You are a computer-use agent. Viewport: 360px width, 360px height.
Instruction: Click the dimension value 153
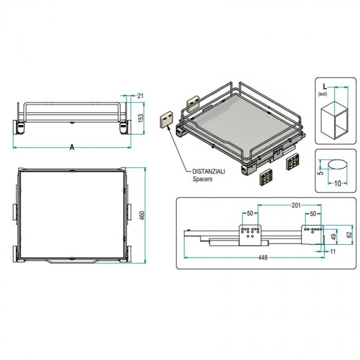coord(141,118)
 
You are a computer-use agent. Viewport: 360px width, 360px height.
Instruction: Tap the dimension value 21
coord(140,96)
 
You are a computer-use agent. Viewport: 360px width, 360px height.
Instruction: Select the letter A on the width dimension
coord(72,147)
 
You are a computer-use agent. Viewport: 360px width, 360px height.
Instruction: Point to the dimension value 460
coord(142,215)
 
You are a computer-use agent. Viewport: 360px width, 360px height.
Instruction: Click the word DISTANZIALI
coord(209,171)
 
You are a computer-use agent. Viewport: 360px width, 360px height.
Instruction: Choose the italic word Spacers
coord(202,179)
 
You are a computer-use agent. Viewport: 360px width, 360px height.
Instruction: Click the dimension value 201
coord(296,205)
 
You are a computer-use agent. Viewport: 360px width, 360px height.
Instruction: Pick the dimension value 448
coord(263,258)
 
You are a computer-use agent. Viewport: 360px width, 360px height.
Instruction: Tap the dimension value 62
coord(349,235)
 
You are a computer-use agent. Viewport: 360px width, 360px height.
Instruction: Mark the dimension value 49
coord(334,237)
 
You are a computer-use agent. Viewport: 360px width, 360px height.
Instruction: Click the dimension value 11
coord(333,251)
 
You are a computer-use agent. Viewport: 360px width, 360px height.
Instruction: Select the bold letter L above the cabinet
coord(325,86)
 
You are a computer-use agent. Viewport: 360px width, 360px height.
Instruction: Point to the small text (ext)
coord(322,94)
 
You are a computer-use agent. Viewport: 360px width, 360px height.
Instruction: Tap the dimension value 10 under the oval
coord(337,183)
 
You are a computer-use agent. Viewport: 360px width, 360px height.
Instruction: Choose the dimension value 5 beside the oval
coord(321,171)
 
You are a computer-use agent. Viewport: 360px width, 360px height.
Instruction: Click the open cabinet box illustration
coord(334,120)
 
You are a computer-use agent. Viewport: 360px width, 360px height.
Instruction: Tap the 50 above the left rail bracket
coord(250,213)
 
